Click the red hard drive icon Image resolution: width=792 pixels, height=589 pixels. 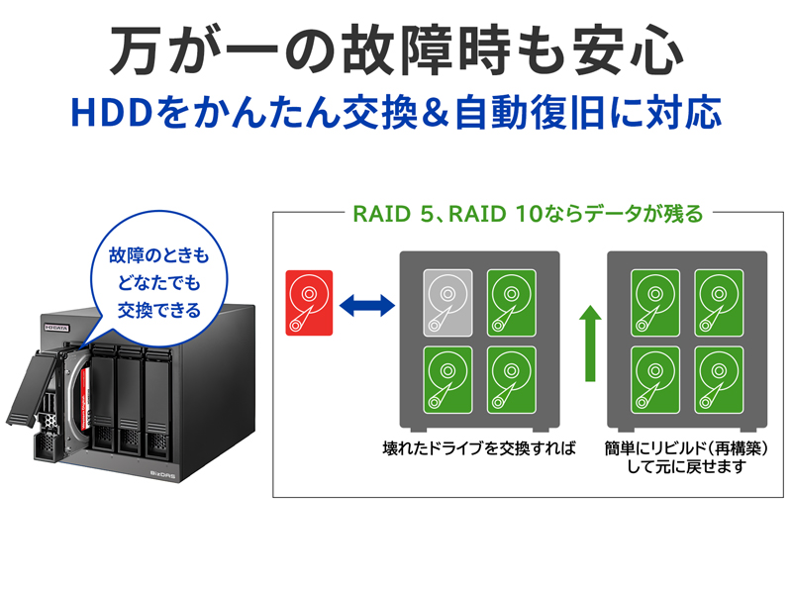pyautogui.click(x=310, y=302)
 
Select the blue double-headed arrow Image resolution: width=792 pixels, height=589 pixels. pyautogui.click(x=366, y=303)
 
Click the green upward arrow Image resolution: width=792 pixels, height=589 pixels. pyautogui.click(x=591, y=343)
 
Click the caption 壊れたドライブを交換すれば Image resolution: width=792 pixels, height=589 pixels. pyautogui.click(x=478, y=448)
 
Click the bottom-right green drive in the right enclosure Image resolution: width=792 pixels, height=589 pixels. pyautogui.click(x=720, y=378)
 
